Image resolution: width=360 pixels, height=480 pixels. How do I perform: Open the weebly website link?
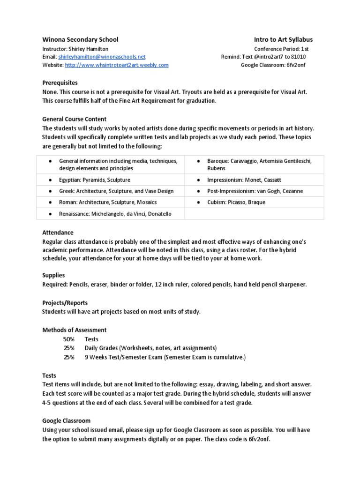[116, 65]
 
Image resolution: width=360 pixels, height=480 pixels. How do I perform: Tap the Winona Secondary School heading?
[80, 40]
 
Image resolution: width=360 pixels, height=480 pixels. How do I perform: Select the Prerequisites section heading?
[60, 82]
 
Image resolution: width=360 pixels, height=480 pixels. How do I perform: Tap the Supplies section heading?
[53, 275]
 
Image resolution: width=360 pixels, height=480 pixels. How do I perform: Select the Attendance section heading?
[58, 232]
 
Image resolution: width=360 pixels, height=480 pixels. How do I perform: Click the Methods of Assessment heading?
[75, 330]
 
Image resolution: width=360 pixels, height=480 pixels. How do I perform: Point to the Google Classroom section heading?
[66, 421]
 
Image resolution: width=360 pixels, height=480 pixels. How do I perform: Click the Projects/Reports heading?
[65, 303]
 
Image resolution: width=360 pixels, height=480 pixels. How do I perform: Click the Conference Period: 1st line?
[281, 48]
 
